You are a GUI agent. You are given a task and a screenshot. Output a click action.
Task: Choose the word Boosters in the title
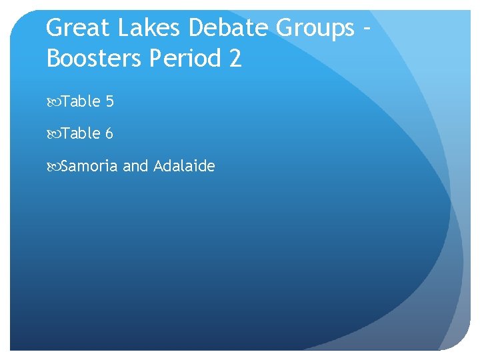[95, 59]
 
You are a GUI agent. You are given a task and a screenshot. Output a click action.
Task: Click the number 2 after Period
[235, 59]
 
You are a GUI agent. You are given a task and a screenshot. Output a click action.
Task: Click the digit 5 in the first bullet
[109, 101]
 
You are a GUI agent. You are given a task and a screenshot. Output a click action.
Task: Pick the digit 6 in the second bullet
[109, 133]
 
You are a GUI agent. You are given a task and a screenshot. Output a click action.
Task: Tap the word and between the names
[135, 165]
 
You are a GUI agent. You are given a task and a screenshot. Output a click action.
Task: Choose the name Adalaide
[184, 165]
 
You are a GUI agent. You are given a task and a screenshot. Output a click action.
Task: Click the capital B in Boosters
[53, 59]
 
